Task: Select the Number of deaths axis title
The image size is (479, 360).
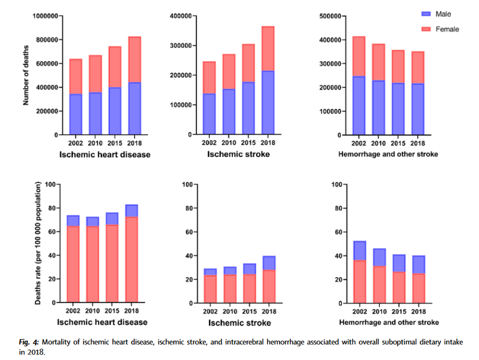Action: pos(26,75)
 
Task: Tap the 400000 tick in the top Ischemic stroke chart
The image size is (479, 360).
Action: pos(182,16)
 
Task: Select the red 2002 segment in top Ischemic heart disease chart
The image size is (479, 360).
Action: pos(76,77)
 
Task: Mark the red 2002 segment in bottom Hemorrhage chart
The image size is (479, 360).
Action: pos(359,281)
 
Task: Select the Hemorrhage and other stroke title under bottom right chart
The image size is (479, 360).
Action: pos(387,323)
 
